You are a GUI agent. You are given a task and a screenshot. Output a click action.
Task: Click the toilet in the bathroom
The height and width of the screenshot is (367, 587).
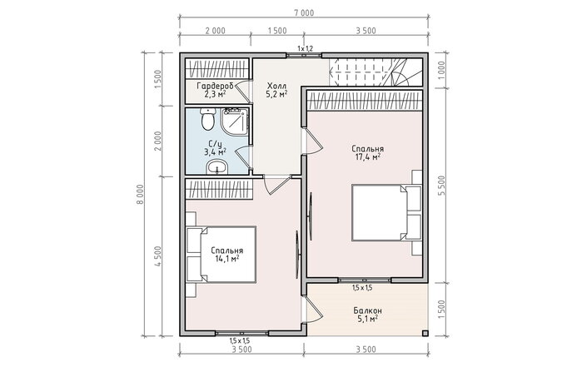(x=207, y=119)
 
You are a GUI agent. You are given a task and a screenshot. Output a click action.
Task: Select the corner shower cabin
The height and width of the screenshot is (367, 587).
(x=235, y=122)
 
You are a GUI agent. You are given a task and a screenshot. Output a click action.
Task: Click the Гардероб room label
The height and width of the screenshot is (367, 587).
(x=216, y=86)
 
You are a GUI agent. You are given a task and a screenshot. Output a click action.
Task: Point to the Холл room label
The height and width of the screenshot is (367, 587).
(x=276, y=85)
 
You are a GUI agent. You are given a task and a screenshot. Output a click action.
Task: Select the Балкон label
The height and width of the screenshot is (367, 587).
(x=368, y=310)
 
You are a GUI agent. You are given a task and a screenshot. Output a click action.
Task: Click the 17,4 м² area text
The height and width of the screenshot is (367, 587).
(x=368, y=156)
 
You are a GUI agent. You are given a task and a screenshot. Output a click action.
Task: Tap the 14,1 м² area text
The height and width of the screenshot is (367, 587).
(x=226, y=259)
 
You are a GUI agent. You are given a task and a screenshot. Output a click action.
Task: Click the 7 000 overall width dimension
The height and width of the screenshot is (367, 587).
(x=304, y=13)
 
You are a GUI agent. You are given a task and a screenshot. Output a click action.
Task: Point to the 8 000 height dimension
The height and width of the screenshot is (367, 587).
(x=140, y=194)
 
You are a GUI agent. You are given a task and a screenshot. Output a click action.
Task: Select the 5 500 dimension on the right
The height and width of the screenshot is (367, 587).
(x=442, y=186)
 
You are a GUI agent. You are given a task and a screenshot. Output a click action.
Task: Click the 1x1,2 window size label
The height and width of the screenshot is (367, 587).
(x=305, y=48)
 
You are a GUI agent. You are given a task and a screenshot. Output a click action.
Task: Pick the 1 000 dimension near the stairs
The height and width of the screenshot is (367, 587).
(x=441, y=71)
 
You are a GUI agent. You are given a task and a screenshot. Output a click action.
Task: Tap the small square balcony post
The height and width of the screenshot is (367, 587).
(x=425, y=333)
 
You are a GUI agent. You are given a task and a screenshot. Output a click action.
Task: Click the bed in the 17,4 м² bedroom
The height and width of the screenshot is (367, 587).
(x=386, y=212)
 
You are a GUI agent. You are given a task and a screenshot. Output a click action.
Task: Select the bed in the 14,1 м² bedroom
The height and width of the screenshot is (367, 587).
(x=221, y=255)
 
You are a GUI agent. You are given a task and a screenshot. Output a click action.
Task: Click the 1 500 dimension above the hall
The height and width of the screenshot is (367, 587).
(x=277, y=31)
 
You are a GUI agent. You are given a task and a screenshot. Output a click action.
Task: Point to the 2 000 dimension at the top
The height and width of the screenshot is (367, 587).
(x=216, y=31)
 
